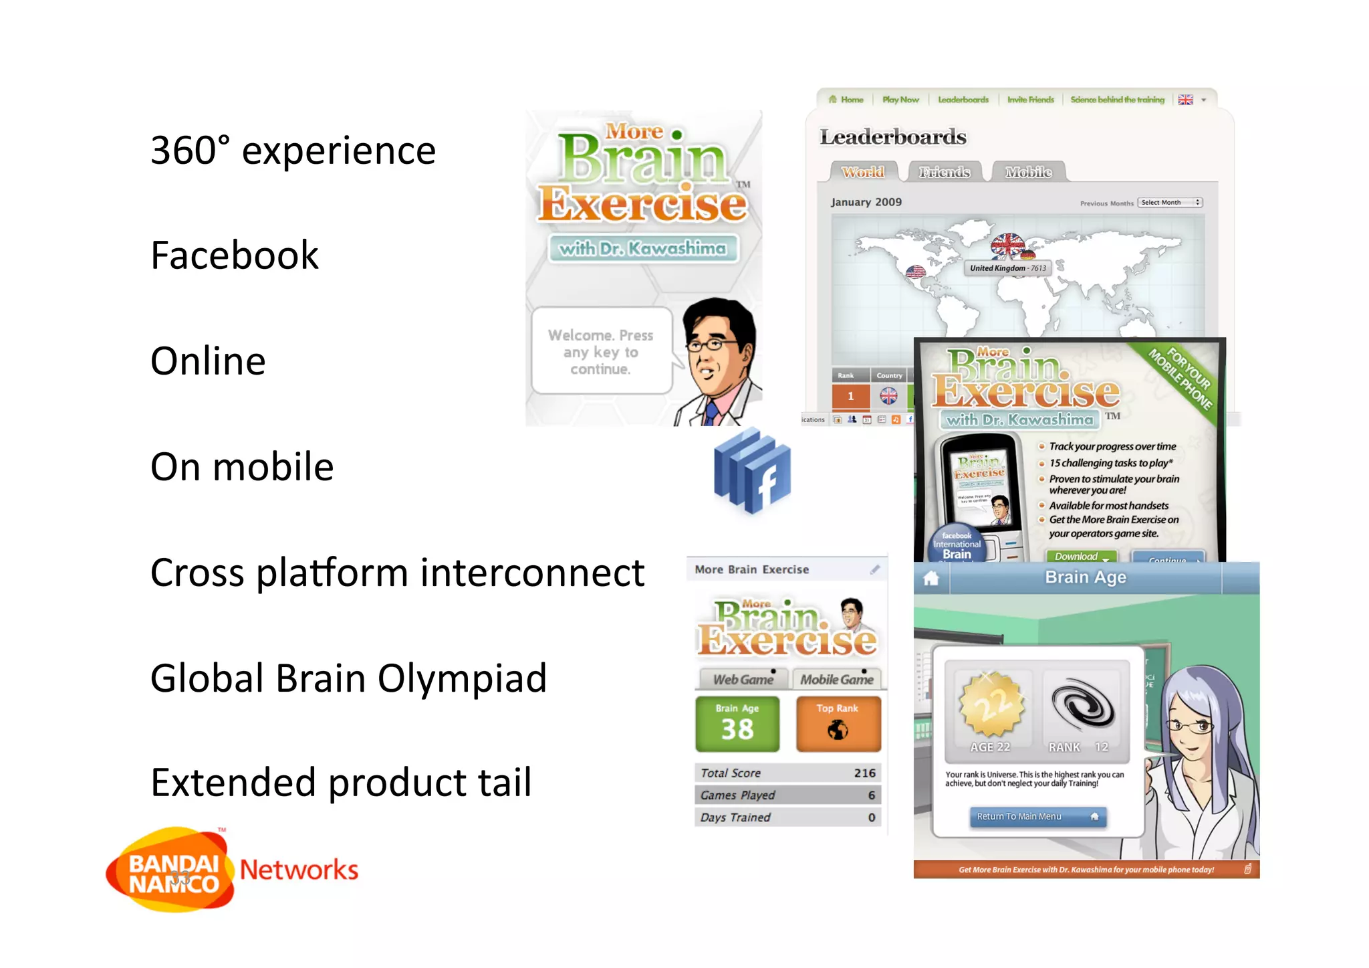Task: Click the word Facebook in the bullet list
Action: click(234, 256)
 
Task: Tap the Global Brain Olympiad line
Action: click(348, 678)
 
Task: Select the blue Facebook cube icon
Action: click(753, 472)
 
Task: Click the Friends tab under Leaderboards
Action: click(944, 173)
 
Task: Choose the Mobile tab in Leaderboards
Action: click(1028, 173)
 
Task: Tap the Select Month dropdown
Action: click(1170, 203)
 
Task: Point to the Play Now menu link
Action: click(900, 100)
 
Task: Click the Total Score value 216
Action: click(864, 773)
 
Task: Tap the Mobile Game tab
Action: click(837, 680)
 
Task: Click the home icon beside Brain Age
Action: click(931, 579)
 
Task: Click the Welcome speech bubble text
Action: click(600, 352)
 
